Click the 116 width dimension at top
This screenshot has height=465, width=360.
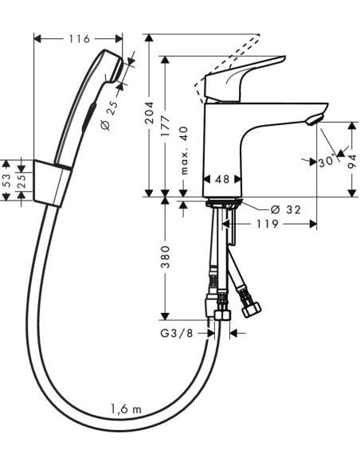click(79, 38)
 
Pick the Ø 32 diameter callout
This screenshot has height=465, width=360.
click(285, 209)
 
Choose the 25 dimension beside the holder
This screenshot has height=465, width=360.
click(22, 182)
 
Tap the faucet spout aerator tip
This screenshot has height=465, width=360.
click(316, 119)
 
